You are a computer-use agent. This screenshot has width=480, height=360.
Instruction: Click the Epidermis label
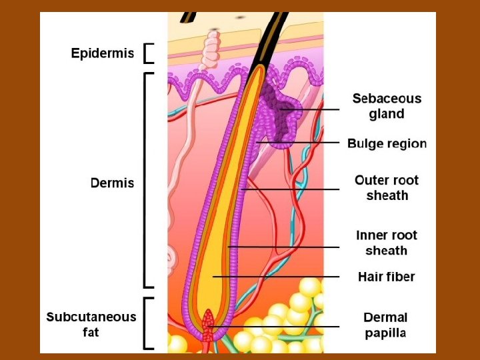(102, 53)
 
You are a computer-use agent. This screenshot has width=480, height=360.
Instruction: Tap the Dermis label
(112, 183)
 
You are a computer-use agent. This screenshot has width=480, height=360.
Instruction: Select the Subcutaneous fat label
(91, 324)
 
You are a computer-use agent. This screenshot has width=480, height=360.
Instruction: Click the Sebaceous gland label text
(387, 106)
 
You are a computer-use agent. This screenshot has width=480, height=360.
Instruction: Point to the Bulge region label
(387, 143)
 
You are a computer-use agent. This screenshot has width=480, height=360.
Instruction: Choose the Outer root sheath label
(387, 187)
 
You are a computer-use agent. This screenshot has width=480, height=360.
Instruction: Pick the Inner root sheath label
(387, 243)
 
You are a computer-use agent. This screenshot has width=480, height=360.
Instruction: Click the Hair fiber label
(386, 277)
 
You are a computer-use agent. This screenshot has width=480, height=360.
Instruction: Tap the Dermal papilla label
(385, 325)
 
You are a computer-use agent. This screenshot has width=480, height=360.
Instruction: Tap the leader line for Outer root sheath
(293, 189)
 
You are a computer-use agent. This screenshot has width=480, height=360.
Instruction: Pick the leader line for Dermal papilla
(280, 326)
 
